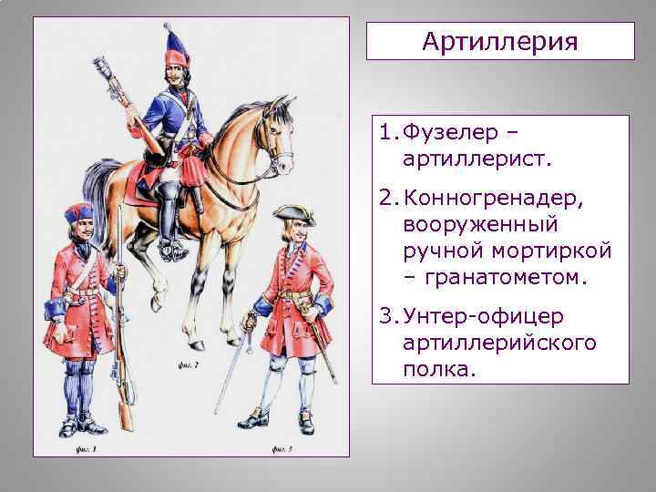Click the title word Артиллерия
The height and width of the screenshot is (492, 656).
(500, 42)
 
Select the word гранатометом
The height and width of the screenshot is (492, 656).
(508, 277)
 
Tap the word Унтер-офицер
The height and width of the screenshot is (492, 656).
(485, 315)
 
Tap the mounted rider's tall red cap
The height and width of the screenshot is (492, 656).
(174, 47)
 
